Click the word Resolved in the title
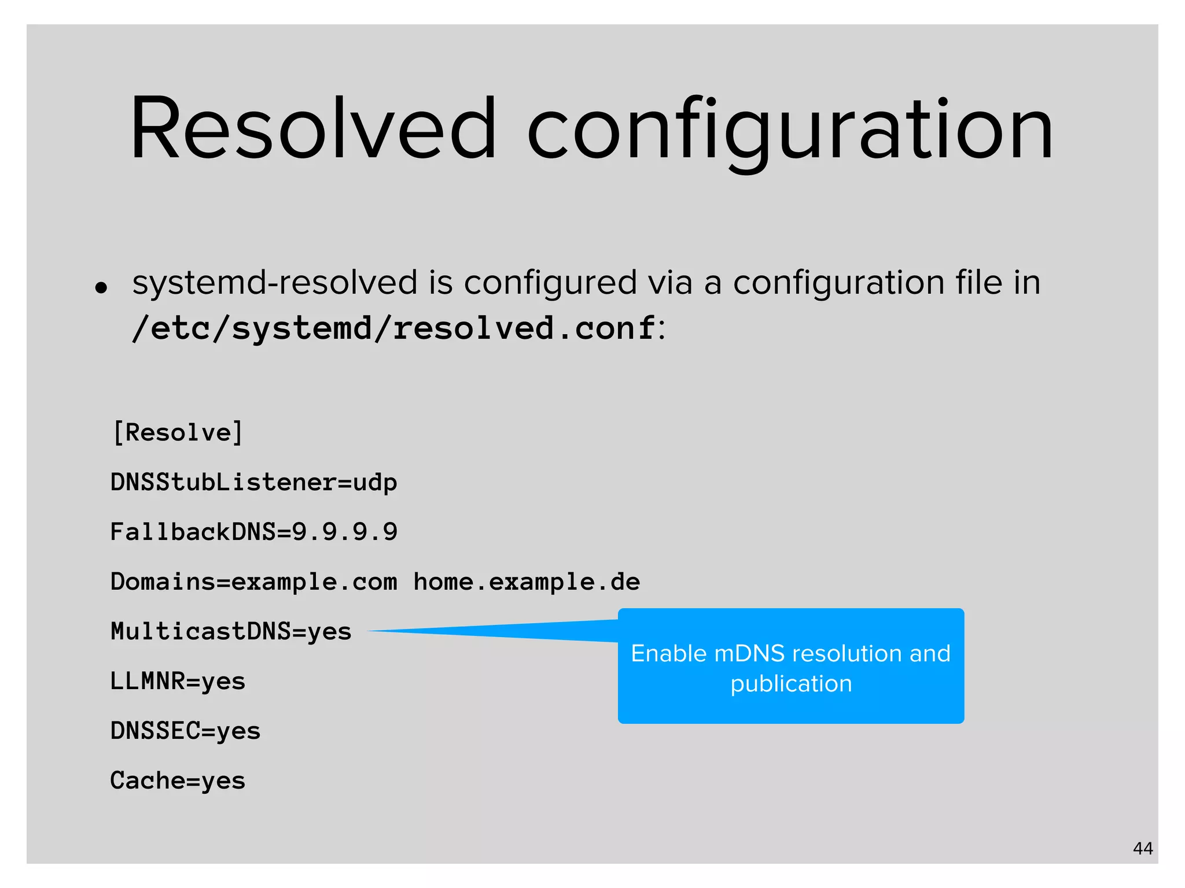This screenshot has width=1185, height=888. (312, 128)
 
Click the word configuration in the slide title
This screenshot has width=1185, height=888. (790, 130)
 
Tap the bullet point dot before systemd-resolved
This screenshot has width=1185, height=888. (102, 287)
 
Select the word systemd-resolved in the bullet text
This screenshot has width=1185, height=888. (275, 283)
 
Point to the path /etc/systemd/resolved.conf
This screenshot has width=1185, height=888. (394, 328)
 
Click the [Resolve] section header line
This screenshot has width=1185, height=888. (178, 432)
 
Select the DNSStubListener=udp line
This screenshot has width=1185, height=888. (253, 482)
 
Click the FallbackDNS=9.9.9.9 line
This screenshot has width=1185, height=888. (253, 532)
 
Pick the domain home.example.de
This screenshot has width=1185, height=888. (527, 582)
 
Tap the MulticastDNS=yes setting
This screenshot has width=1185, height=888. (231, 631)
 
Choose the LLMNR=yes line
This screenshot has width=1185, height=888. (178, 681)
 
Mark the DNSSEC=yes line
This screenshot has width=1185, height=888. (185, 731)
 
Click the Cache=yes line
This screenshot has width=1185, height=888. (178, 780)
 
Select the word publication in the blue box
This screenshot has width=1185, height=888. (791, 684)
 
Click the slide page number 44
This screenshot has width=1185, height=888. (1143, 848)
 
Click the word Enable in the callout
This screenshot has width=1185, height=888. (668, 653)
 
